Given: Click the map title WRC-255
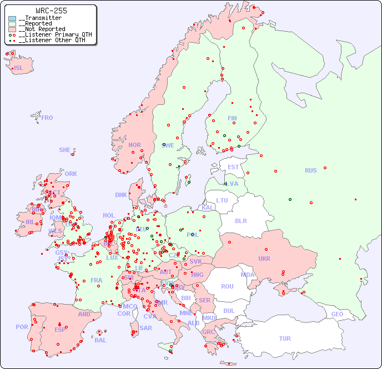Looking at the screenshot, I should tap(51, 11).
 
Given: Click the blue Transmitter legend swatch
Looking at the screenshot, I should tap(12, 18).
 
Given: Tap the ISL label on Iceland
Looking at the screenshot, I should tap(19, 68).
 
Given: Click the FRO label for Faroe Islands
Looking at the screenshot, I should tap(47, 118).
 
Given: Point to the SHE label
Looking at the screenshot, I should tap(64, 150).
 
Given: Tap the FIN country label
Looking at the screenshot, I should tap(232, 118).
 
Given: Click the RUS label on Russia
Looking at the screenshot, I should tap(310, 170).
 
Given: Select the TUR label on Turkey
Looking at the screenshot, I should tap(285, 338).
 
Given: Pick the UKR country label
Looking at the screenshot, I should tap(264, 259).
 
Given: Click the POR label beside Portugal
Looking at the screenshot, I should tap(22, 327).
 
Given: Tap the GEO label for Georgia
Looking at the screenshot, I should tap(337, 314).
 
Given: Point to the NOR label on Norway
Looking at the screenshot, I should tap(134, 145).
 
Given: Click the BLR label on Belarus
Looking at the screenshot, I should tap(240, 220).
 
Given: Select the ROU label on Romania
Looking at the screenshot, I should tap(227, 286).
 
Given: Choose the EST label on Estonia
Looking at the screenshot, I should tap(233, 167).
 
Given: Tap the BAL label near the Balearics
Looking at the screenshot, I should tap(100, 340).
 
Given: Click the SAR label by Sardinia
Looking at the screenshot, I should tap(145, 328).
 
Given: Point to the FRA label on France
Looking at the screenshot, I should tap(97, 280).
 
